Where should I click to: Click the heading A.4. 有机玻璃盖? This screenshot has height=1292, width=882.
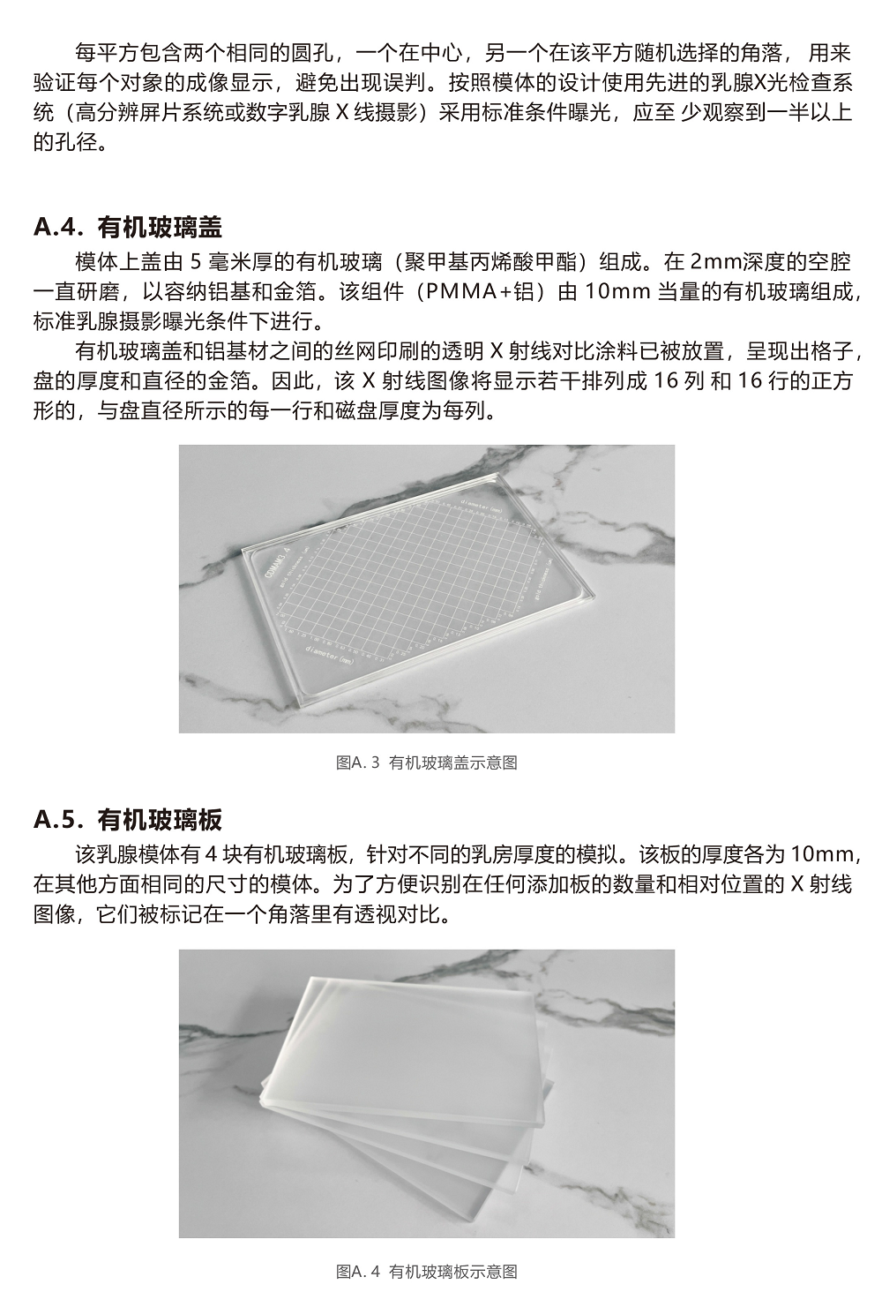128,227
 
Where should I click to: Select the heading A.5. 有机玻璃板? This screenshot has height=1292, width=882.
128,820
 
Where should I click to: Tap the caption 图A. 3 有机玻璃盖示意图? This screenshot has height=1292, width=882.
427,762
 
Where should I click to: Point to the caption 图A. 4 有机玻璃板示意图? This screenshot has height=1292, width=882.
427,1271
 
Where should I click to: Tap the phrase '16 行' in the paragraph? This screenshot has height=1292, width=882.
763,381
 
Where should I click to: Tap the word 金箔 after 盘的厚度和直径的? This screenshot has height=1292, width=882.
245,381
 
